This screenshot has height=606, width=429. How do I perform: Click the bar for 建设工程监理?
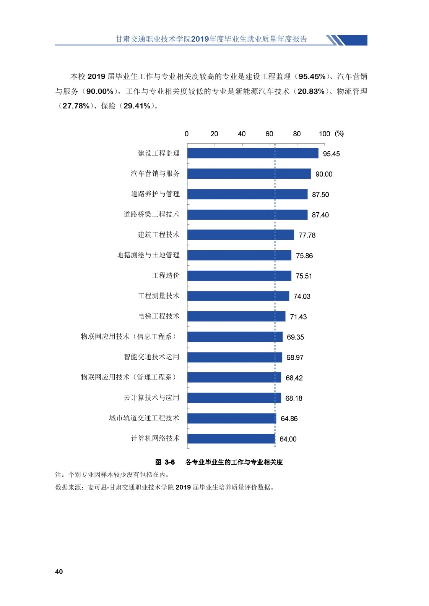252,153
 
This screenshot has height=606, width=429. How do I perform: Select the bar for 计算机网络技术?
231,438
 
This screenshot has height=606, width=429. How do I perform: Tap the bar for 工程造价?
239,275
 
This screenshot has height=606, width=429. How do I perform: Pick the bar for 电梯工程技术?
236,316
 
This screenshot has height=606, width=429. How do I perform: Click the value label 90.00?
324,174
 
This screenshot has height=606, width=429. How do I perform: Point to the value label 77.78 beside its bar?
307,235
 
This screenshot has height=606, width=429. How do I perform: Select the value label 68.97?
295,357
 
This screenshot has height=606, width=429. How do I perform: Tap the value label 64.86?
289,419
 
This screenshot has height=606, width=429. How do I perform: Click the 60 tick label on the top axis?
269,134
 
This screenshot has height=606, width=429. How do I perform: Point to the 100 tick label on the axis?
324,134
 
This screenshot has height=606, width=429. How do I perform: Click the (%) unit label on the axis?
339,134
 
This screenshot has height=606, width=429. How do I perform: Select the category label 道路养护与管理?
155,194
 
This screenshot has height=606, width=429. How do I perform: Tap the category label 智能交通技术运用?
151,357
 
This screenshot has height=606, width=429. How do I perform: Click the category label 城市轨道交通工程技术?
144,418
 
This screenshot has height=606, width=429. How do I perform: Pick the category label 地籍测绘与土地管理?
148,255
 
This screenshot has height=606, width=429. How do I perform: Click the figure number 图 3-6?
165,462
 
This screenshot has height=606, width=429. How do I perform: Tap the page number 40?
59,572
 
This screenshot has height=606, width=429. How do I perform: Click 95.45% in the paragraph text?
312,77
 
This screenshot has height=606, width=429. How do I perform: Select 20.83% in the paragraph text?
311,92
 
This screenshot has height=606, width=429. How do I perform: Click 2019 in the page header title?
200,39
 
